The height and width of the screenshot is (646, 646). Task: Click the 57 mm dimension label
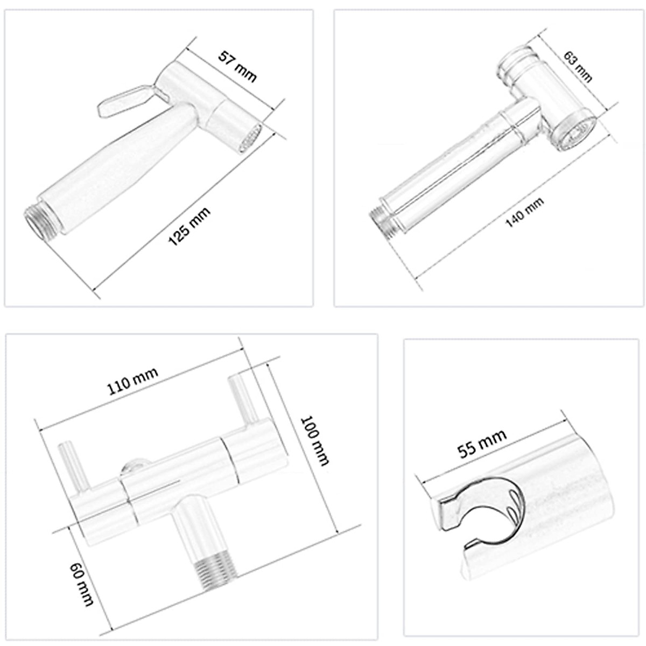(x=237, y=66)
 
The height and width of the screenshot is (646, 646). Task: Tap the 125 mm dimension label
(x=189, y=227)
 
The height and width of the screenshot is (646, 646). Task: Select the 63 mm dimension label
(x=577, y=66)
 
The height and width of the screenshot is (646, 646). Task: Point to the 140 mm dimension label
(x=524, y=213)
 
